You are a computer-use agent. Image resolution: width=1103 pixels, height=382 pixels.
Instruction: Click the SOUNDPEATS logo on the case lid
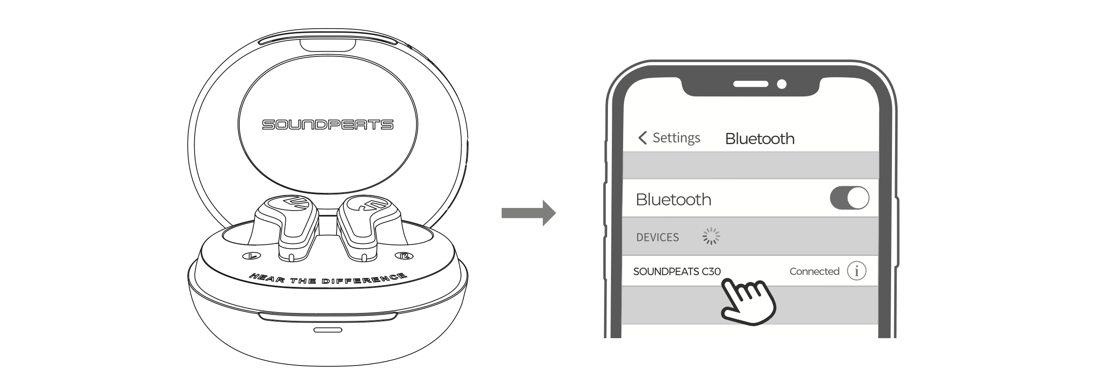[x=327, y=125]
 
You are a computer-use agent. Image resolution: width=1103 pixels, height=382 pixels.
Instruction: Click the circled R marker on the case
[x=404, y=256]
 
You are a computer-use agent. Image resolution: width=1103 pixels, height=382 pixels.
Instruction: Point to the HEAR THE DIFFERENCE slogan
[x=328, y=279]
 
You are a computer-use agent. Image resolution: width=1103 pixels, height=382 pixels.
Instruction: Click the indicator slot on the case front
[x=328, y=330]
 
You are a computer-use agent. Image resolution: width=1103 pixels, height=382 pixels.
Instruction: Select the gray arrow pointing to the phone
[x=528, y=213]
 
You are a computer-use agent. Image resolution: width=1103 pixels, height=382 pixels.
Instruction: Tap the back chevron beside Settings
[x=642, y=138]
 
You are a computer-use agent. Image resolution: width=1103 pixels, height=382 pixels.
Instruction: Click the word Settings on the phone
[x=676, y=138]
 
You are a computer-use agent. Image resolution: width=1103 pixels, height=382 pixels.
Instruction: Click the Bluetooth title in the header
[x=760, y=139]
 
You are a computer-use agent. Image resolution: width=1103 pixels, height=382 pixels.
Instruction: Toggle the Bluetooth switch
[x=849, y=198]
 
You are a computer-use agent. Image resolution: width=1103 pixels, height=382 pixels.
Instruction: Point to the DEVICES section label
[x=657, y=237]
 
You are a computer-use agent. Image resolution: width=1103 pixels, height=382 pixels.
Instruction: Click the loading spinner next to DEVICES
[x=711, y=236]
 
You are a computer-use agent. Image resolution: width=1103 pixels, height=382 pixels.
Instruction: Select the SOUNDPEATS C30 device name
[x=677, y=272]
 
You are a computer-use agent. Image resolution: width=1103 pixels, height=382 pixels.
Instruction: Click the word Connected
[x=814, y=272]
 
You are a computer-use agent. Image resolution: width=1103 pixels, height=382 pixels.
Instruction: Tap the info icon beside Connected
[x=856, y=271]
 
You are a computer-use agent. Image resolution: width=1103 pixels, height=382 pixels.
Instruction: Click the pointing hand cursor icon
[x=748, y=302]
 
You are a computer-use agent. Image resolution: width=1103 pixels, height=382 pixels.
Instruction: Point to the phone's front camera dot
[x=782, y=84]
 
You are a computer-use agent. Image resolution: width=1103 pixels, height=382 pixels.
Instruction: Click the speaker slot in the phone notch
[x=751, y=84]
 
